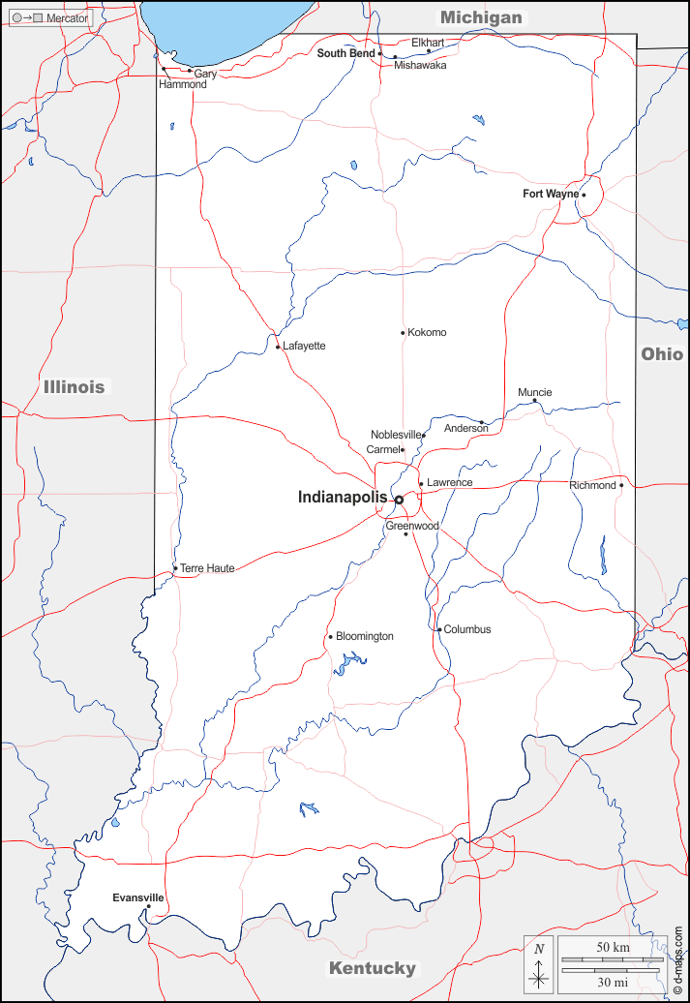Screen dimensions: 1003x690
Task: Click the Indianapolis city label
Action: [342, 498]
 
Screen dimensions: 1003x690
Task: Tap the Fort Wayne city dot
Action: [584, 195]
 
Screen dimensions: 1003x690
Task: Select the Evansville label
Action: [137, 897]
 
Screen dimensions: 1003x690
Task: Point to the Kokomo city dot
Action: [403, 333]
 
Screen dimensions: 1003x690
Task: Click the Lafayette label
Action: [304, 346]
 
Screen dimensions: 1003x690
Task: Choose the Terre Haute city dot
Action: [175, 568]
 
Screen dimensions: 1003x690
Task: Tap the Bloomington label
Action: [365, 636]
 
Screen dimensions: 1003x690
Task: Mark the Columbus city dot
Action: [439, 630]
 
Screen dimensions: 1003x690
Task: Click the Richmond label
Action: [592, 485]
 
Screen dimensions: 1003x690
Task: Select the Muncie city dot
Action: [534, 401]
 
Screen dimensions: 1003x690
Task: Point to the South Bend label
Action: [345, 53]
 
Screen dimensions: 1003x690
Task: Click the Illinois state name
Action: [74, 387]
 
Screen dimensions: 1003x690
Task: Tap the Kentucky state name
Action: [373, 968]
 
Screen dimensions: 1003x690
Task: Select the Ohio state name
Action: [662, 354]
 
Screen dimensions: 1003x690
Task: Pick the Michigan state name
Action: [481, 17]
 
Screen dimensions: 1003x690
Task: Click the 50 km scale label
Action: [613, 945]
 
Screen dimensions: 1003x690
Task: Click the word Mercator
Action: [67, 18]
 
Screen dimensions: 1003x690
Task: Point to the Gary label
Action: [205, 74]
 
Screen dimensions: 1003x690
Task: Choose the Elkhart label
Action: [428, 43]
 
